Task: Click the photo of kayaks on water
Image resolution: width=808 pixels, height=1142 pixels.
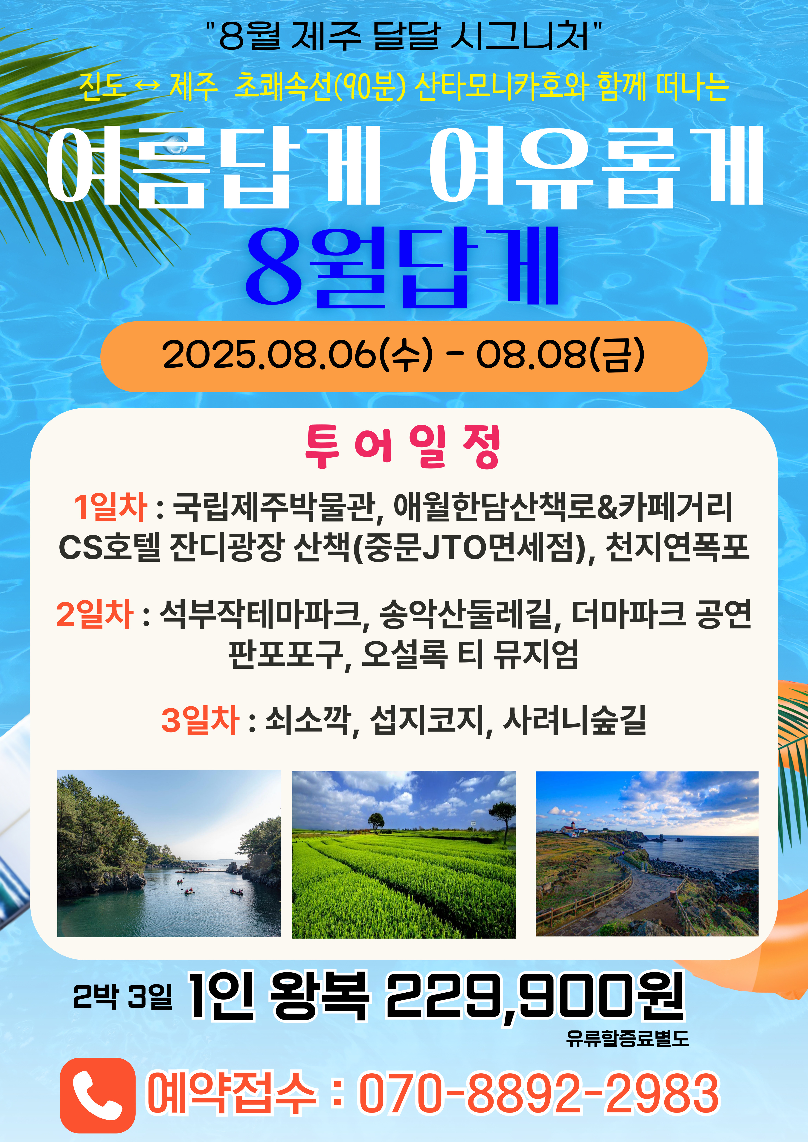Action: pos(169,854)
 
